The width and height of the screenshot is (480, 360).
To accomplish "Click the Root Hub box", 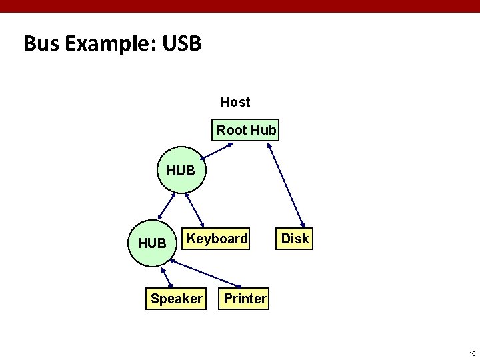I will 247,130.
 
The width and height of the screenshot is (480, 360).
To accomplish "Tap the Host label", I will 235,102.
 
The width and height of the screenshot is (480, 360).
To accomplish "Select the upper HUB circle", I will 181,170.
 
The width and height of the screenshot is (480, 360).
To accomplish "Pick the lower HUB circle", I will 152,243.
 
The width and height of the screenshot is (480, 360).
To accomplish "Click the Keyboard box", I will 217,239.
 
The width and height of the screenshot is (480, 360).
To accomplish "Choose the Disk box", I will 295,239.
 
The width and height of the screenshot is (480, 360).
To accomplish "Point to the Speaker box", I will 176,299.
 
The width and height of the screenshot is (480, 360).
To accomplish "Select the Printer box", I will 245,299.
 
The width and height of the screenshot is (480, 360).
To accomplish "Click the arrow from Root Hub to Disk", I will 286,185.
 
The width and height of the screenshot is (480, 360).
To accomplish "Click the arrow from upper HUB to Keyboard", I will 193,209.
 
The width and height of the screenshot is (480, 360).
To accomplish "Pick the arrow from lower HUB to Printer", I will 207,273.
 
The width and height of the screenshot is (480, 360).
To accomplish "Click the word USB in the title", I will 180,44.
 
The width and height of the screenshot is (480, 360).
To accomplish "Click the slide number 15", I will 471,353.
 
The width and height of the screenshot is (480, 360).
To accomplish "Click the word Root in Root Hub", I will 232,130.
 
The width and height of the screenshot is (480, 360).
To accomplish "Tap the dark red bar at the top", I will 240,6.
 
